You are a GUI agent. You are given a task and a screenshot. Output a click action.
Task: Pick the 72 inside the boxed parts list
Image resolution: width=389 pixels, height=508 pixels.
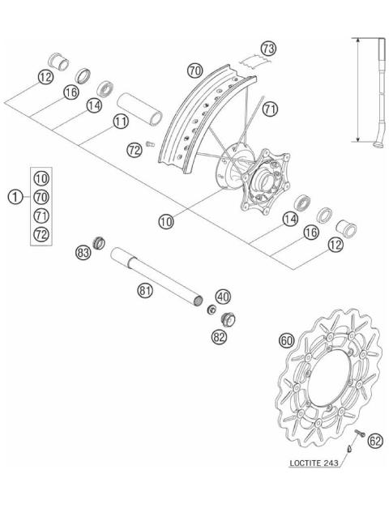(x=41, y=235)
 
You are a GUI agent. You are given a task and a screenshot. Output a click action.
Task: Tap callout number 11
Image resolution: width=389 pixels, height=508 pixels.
(x=121, y=122)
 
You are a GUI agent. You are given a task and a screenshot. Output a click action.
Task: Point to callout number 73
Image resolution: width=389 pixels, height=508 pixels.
(x=268, y=49)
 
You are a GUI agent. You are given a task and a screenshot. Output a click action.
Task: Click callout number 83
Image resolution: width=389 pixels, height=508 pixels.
(x=82, y=253)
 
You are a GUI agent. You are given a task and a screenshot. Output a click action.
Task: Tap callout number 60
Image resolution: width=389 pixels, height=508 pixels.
(x=286, y=341)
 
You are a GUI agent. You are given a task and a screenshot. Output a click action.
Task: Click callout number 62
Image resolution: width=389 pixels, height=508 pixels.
(x=374, y=442)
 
